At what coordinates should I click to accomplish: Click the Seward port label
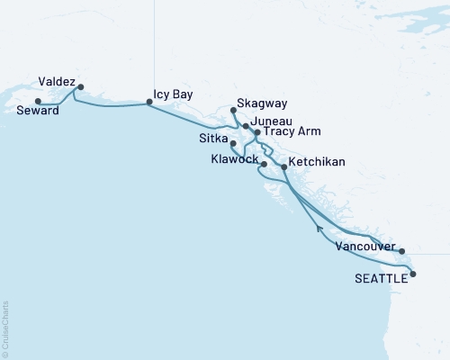38,111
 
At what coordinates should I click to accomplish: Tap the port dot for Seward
38,101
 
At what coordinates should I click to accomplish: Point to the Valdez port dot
81,87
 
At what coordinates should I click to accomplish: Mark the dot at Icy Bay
149,103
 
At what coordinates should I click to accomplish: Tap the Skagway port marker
233,110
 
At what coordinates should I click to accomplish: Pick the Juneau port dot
245,127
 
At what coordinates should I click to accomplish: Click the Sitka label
212,139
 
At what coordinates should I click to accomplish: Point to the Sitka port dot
233,143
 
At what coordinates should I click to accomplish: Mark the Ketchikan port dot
284,167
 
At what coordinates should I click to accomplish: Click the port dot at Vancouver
401,251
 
